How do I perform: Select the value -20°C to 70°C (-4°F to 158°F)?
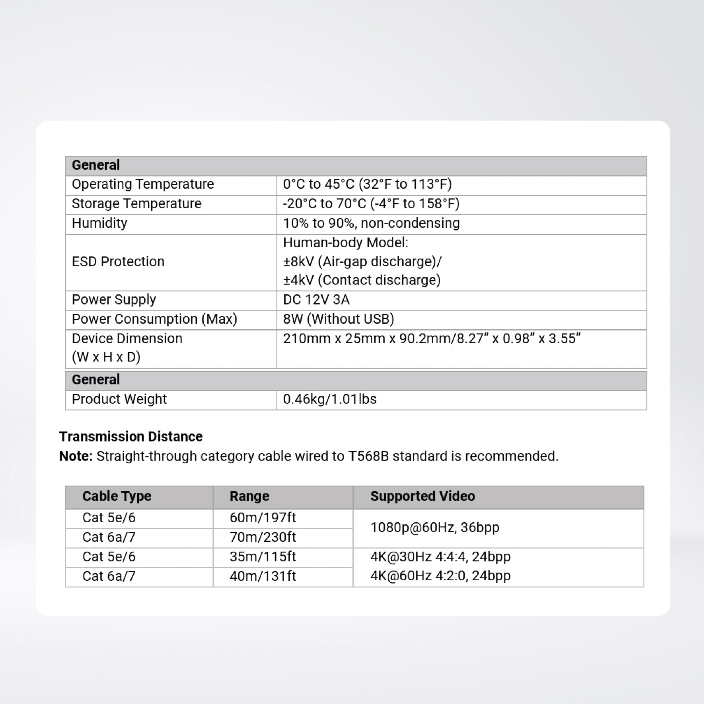[371, 204]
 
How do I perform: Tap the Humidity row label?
[99, 223]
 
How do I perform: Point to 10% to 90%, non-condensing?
[371, 223]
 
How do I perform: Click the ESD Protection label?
[118, 262]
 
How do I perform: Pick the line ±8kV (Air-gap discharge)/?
[362, 262]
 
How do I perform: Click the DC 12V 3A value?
[316, 300]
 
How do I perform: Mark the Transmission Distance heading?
[131, 436]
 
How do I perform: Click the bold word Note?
[76, 456]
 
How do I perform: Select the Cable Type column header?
[117, 496]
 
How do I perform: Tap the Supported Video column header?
[422, 496]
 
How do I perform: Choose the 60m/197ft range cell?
[263, 518]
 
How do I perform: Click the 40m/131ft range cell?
[263, 576]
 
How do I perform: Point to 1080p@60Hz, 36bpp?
[434, 528]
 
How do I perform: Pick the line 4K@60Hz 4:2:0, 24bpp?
[440, 576]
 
